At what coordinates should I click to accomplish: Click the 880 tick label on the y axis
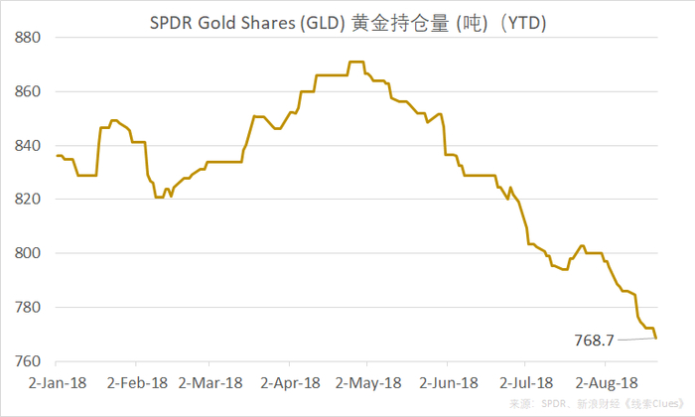[x=28, y=38]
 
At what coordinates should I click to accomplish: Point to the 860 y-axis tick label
[x=28, y=91]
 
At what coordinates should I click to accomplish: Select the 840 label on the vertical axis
[x=28, y=146]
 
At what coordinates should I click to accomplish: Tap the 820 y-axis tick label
[x=28, y=200]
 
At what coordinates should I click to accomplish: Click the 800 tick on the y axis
[x=28, y=253]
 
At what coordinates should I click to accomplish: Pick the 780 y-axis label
[x=28, y=308]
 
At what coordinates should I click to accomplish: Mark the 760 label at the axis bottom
[x=28, y=361]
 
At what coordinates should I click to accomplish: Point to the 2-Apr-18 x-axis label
[x=289, y=381]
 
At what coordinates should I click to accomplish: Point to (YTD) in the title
[x=526, y=20]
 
